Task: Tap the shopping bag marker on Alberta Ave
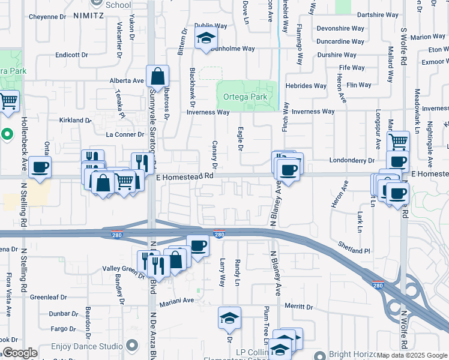[x=157, y=76]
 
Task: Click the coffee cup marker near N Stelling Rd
[x=40, y=167]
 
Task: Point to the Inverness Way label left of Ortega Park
[x=208, y=112]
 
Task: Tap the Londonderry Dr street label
[x=352, y=161]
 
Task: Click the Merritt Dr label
[x=300, y=307]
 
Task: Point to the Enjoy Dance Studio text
[x=86, y=346]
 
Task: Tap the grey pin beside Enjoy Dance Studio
[x=133, y=345]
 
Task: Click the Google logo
[x=20, y=353]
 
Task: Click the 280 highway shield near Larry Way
[x=219, y=233]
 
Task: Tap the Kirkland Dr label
[x=75, y=120]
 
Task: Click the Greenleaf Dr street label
[x=49, y=297]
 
